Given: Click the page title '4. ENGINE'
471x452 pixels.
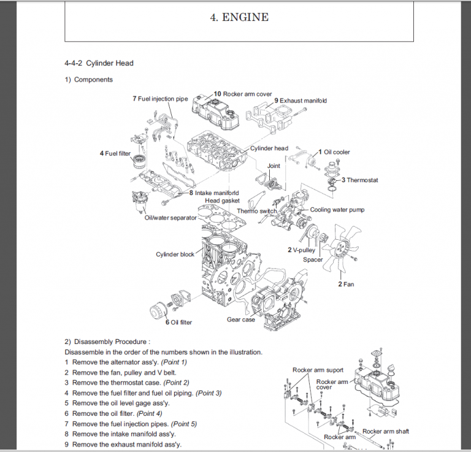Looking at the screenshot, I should [239, 17].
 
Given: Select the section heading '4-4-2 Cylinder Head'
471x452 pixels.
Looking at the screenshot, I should [99, 63].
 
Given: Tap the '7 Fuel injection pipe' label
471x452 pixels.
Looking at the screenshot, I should [160, 98].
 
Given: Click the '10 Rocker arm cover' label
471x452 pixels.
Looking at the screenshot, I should [242, 94].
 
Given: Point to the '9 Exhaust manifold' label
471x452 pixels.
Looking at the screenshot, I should [300, 100].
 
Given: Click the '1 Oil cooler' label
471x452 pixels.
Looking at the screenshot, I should [334, 151].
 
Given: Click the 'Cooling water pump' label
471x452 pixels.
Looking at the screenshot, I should [337, 210].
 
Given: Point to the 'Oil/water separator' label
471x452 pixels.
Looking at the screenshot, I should [170, 218].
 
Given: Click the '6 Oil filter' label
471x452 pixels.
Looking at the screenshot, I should [178, 323].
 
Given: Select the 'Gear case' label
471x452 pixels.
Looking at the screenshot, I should [241, 320].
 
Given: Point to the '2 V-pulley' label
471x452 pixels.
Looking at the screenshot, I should [302, 250].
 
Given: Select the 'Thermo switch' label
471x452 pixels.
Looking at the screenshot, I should [257, 211].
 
